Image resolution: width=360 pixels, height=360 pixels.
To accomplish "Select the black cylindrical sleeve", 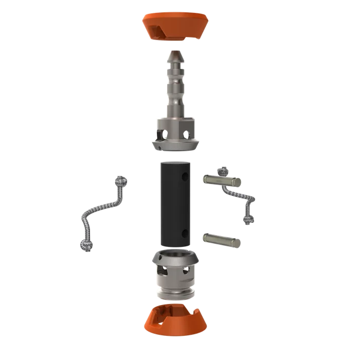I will [175, 203].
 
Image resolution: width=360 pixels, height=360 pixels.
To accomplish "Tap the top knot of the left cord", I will [121, 181].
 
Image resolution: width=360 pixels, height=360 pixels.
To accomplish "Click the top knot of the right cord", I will [222, 171].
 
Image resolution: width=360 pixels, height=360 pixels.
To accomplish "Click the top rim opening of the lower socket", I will [175, 256].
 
